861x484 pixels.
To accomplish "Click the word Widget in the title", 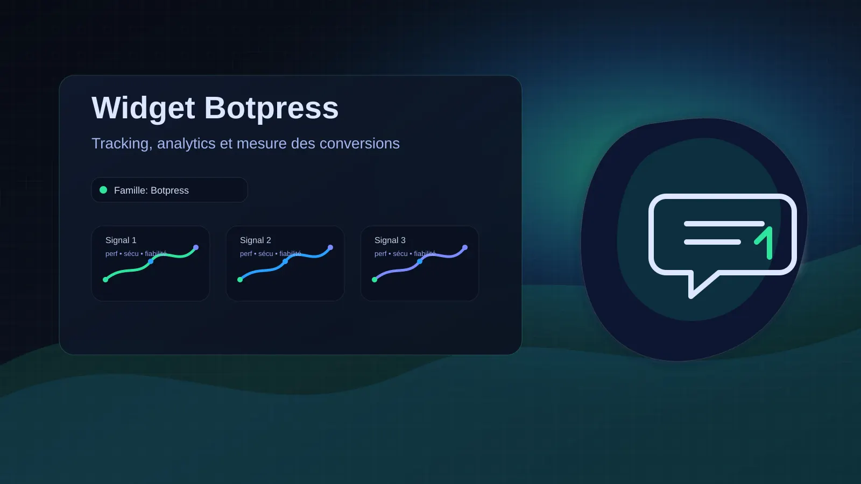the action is coord(143,109).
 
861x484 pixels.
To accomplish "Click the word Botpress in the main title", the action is coord(271,109).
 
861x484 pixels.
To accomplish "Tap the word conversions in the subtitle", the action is coord(359,144).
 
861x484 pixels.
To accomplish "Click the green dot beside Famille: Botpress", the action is coord(103,190).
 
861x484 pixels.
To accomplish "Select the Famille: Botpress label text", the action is coord(151,190).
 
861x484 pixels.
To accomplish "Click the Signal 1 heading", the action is coord(121,240).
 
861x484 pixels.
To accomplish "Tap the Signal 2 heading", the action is coord(255,240).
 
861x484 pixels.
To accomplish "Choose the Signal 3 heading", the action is coord(390,240).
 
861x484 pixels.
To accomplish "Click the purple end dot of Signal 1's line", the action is coord(196,247).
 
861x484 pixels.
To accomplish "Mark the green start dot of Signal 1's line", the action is coord(105,280).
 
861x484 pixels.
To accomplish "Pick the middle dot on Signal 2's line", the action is coord(285,261).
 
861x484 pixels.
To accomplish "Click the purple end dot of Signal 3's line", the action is coord(465,247).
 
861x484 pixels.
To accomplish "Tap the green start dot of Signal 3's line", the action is coord(375,280).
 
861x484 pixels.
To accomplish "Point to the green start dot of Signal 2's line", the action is coord(240,280).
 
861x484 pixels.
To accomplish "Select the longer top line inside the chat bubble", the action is coord(724,224).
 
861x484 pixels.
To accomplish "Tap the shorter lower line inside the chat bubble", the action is coord(712,242).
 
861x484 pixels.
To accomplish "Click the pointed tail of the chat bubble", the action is coord(691,295).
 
